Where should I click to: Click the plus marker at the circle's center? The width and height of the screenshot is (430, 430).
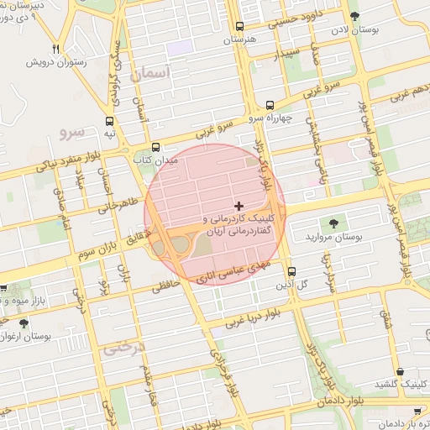coord(239,205)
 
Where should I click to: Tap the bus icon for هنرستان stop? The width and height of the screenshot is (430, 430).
coord(240,27)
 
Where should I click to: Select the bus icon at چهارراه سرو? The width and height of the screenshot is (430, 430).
coord(270,106)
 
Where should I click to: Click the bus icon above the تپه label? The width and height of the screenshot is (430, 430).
coord(110,121)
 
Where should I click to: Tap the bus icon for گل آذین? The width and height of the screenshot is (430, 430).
coord(291,271)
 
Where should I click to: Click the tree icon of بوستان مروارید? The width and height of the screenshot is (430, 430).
coord(334,223)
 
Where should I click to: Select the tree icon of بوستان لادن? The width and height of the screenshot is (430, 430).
coord(354,17)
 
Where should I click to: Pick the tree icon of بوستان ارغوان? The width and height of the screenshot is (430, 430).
coord(23,322)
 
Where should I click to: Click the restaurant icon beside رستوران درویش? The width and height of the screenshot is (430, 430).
coord(55,50)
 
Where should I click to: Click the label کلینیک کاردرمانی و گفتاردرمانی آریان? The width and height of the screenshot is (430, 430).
coord(240,223)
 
